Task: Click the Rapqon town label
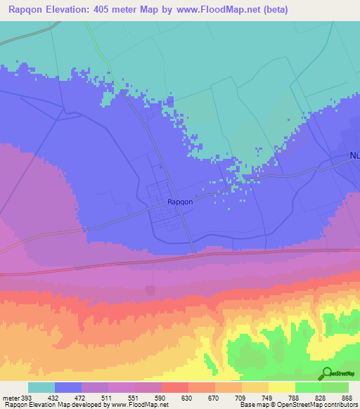[x=180, y=202]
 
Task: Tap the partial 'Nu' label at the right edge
[x=354, y=156]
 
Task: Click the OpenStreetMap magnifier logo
[x=326, y=373]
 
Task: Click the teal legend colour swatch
[x=41, y=387]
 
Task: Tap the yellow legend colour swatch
[x=282, y=387]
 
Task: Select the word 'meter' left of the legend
[x=8, y=396]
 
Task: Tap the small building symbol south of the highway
[x=149, y=289]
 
